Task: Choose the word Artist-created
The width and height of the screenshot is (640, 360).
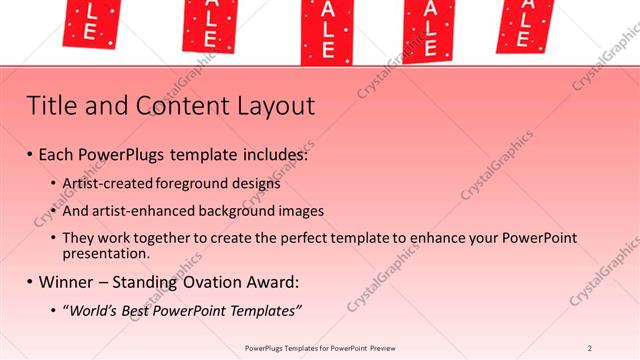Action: [106, 184]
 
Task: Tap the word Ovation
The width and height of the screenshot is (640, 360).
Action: [198, 283]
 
